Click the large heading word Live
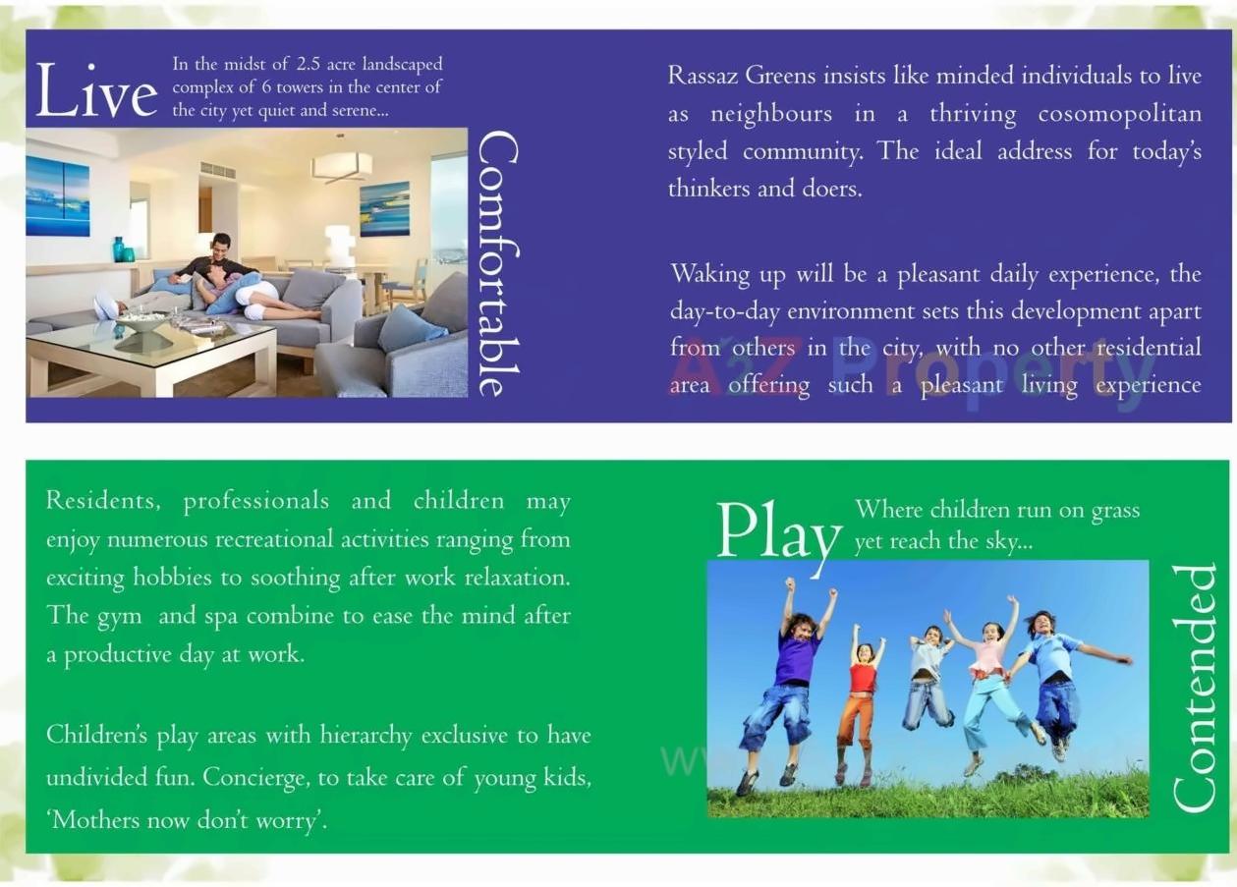(95, 91)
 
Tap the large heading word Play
(777, 536)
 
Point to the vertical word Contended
(1194, 688)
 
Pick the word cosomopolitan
(1119, 114)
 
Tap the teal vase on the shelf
(119, 249)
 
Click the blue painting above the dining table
(384, 207)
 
